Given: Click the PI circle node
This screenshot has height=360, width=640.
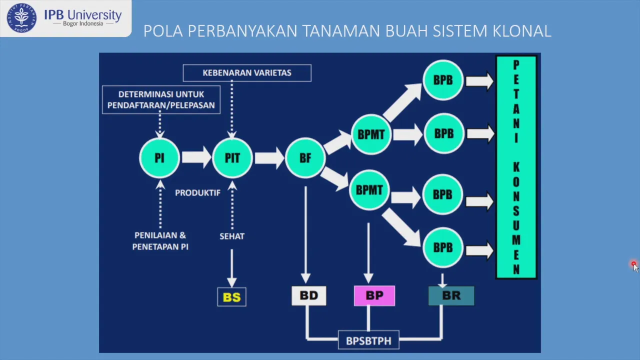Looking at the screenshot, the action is [x=159, y=157].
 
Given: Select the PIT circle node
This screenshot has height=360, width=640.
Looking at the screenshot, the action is [x=232, y=157].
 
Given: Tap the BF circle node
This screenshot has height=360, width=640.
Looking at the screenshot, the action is [x=305, y=157].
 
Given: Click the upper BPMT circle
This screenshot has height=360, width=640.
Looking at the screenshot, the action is [x=371, y=134].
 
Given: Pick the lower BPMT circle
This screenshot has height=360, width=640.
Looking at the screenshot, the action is [x=369, y=190].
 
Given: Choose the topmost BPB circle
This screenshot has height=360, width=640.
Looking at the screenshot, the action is [x=443, y=80].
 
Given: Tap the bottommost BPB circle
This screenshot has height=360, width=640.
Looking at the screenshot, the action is [x=443, y=247].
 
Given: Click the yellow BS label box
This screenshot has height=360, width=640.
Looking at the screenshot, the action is [x=231, y=297].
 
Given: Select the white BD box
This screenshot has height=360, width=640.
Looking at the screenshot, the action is [x=309, y=295].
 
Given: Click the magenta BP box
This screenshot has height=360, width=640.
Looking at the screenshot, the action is [x=374, y=295].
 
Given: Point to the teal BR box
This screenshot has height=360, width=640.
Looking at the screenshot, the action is [x=451, y=295].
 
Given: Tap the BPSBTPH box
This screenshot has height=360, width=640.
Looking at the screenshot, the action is [x=368, y=340].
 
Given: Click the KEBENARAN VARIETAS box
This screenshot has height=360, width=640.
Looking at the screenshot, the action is [x=247, y=73].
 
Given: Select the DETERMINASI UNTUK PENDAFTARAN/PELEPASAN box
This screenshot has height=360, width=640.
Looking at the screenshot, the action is [x=161, y=99].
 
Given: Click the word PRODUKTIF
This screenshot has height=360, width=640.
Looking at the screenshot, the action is [x=197, y=193].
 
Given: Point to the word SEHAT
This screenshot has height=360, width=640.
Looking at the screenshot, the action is [x=232, y=236].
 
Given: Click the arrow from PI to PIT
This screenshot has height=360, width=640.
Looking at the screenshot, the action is [x=196, y=157].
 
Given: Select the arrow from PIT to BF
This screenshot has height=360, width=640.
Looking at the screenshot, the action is [x=269, y=158].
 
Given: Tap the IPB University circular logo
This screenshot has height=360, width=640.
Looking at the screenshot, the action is [x=21, y=18].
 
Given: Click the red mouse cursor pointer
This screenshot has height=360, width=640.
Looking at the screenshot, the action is [x=635, y=266].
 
